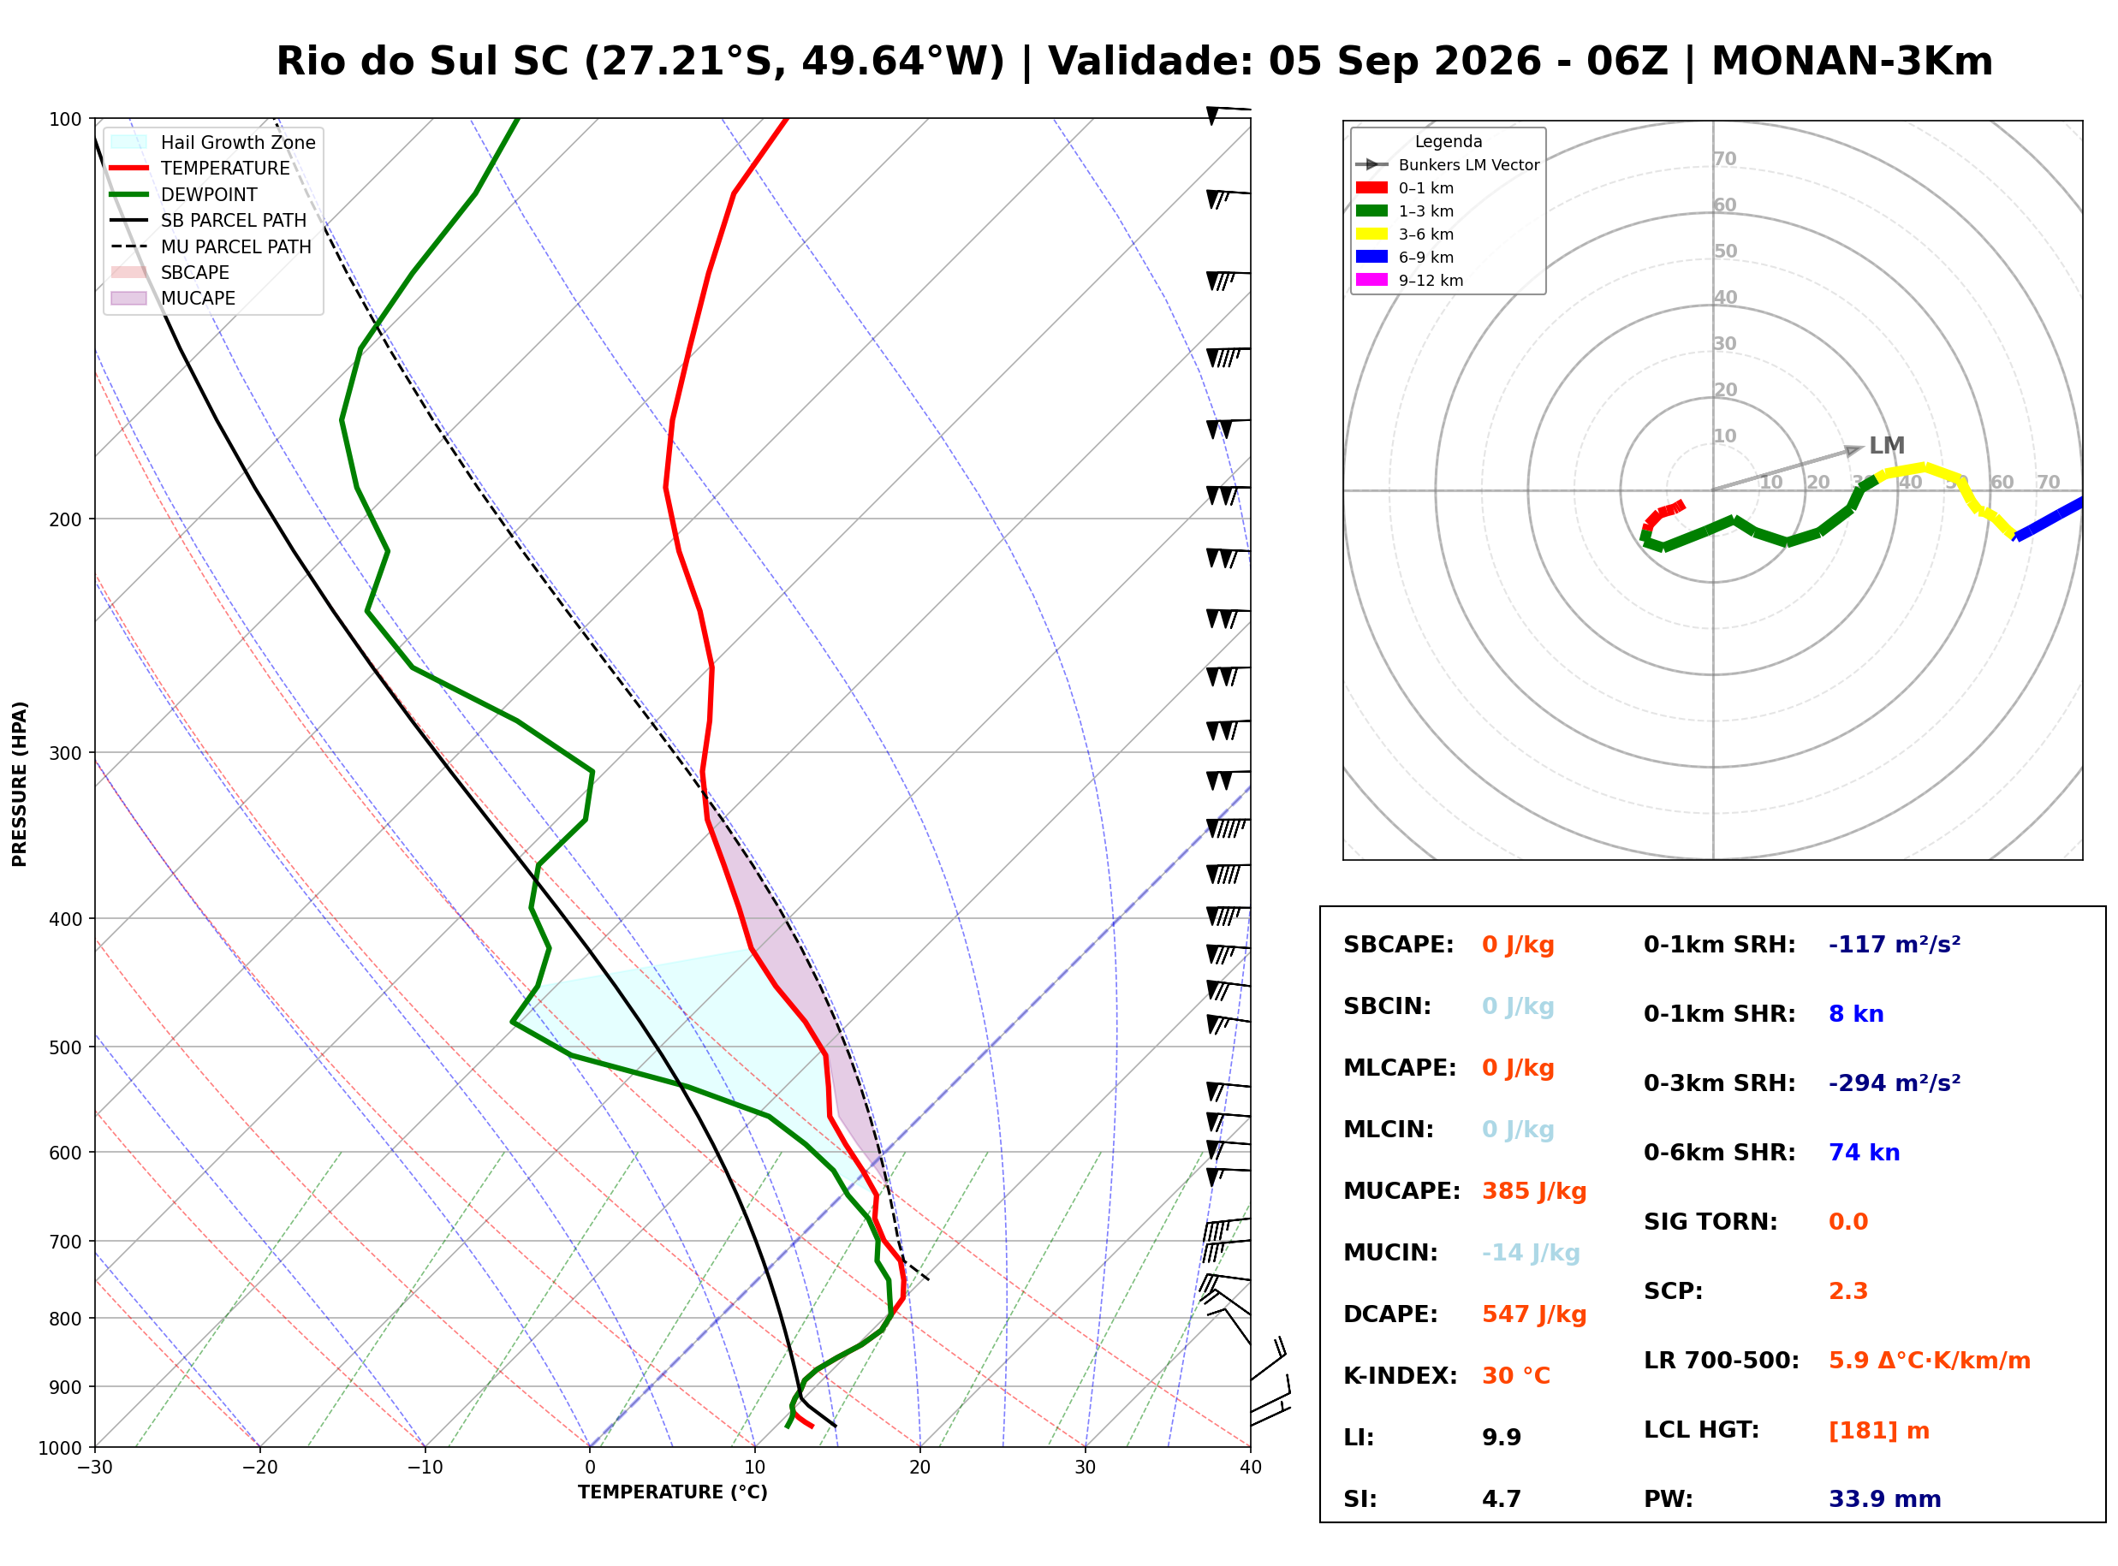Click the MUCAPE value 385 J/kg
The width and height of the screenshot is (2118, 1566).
1534,1191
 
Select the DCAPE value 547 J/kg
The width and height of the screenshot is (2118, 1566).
1534,1314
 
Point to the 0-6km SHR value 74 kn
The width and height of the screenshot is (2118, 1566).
1864,1153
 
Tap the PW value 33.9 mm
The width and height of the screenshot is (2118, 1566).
1885,1499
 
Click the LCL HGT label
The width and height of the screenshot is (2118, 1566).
1701,1431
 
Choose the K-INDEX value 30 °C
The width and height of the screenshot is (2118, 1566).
1516,1376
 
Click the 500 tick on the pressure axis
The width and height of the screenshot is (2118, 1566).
65,1047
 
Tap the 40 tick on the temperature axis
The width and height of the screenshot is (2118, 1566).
1251,1468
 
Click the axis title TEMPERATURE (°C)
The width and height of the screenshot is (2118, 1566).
673,1493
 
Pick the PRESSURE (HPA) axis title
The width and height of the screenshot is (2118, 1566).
20,784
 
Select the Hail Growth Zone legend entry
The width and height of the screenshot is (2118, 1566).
212,143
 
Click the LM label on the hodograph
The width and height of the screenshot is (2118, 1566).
1887,446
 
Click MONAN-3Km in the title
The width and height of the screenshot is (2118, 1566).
1852,62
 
